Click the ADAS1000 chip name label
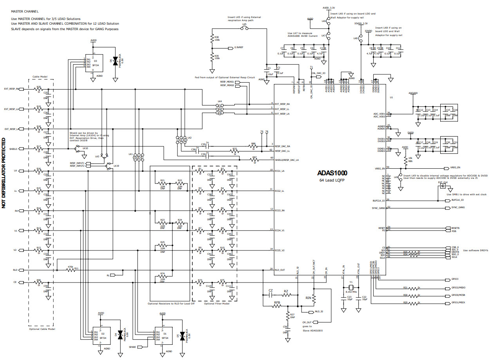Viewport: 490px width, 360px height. coord(332,173)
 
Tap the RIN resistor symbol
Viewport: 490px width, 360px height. coord(314,298)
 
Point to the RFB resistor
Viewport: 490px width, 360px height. coord(277,306)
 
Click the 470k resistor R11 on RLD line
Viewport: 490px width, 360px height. coord(71,270)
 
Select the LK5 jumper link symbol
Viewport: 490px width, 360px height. coord(244,28)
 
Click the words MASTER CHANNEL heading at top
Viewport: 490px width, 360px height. coord(25,12)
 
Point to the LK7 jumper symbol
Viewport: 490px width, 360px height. coord(329,35)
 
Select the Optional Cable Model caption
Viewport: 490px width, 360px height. coord(42,329)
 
